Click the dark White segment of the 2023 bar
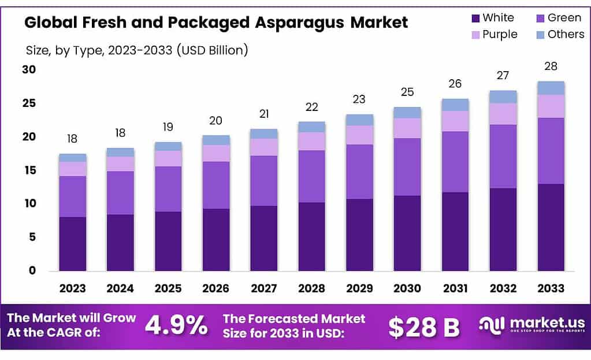[73, 243]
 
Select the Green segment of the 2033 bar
[551, 151]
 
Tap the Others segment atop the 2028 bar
[312, 127]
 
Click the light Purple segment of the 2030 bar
[407, 128]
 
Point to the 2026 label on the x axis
[216, 288]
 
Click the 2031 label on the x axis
[455, 288]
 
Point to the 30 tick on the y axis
[28, 70]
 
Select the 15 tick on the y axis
[28, 170]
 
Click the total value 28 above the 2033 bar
[551, 66]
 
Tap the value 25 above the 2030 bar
[407, 91]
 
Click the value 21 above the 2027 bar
[264, 114]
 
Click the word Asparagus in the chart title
[313, 23]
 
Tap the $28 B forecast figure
[423, 327]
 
